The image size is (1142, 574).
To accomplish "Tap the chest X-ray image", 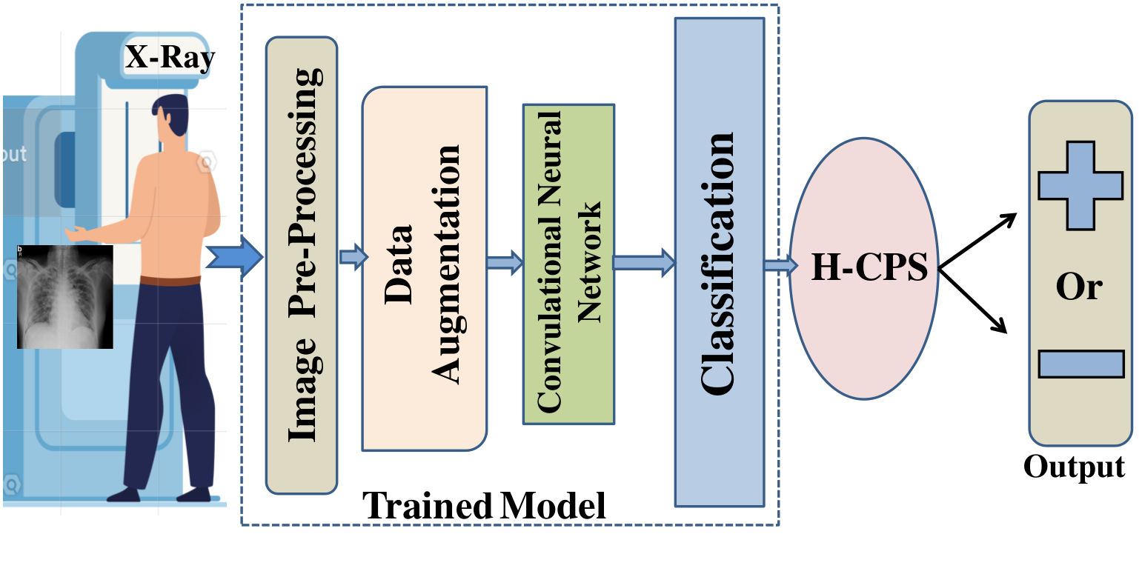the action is tap(65, 296).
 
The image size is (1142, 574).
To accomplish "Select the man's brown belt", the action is tap(170, 280).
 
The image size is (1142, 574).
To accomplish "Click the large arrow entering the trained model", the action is tap(234, 258).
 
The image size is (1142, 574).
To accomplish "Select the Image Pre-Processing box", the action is tap(302, 265).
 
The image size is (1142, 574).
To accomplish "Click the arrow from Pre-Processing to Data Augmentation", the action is tap(353, 257).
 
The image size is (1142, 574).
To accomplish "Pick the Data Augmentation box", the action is tap(424, 268).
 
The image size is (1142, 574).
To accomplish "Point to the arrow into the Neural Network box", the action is tap(505, 263).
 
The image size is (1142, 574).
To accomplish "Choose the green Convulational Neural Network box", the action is tap(568, 264).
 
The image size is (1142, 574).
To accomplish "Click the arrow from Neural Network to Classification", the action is tap(645, 263).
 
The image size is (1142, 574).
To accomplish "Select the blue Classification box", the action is tap(720, 262).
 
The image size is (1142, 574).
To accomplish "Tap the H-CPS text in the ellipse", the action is tap(869, 267).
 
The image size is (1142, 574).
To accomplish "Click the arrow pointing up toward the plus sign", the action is tap(977, 241).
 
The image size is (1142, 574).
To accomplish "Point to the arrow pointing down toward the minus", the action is tap(973, 301).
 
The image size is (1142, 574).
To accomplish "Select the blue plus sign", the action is tap(1080, 185).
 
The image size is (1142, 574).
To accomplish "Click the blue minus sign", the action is tap(1081, 364).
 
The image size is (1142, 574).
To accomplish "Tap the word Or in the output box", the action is tap(1079, 286).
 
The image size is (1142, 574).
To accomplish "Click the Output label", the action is tap(1075, 466).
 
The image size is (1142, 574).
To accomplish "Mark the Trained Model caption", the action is tap(485, 506).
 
